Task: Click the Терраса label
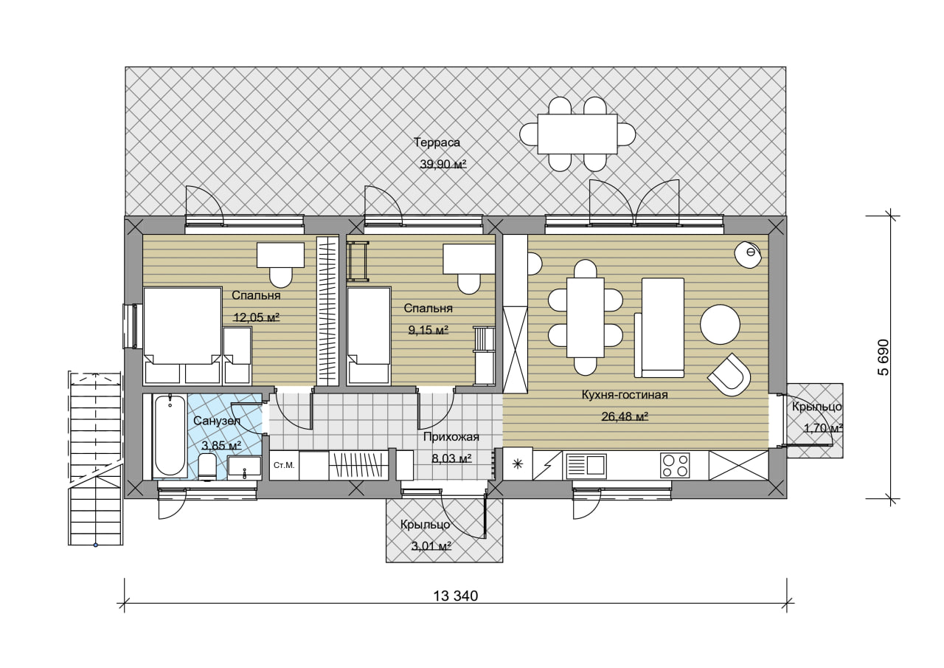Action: (x=437, y=142)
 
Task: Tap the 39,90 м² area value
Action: (x=443, y=164)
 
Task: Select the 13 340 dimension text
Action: (x=456, y=596)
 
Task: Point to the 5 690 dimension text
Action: (x=883, y=357)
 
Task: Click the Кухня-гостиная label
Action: (x=625, y=395)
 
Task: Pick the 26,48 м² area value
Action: (x=625, y=416)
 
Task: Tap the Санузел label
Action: (x=217, y=421)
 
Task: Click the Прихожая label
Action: (x=451, y=437)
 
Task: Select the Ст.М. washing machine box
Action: (x=284, y=465)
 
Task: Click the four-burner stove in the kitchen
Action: (x=675, y=465)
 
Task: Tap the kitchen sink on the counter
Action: (x=586, y=466)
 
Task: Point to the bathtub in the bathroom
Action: (x=170, y=435)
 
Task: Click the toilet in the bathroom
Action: (x=207, y=466)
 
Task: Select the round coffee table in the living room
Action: (x=721, y=324)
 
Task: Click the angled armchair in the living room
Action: (x=729, y=374)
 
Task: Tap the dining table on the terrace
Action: (x=577, y=134)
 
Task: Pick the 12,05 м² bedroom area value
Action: (x=257, y=317)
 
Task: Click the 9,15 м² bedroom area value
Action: (x=428, y=330)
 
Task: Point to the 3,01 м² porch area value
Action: (x=431, y=546)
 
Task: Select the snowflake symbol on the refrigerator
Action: (x=518, y=464)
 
